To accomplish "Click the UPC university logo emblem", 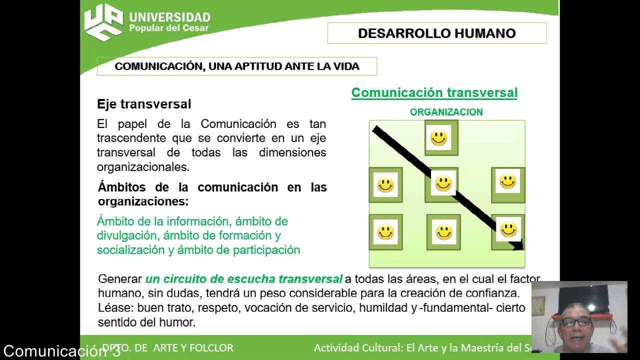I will [103, 22].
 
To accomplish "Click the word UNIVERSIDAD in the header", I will [169, 17].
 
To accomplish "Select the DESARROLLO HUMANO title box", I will [436, 33].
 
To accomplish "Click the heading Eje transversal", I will [144, 104].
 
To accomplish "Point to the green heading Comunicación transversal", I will [434, 92].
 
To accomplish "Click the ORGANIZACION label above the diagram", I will [446, 112].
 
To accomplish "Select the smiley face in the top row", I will [438, 137].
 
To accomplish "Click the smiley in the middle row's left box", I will [385, 185].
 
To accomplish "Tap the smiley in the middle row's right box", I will [507, 181].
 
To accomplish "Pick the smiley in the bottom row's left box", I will [385, 232].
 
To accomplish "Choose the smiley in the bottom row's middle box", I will [444, 232].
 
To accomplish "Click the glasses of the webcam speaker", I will [576, 322].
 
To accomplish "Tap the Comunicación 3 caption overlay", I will [61, 351].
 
